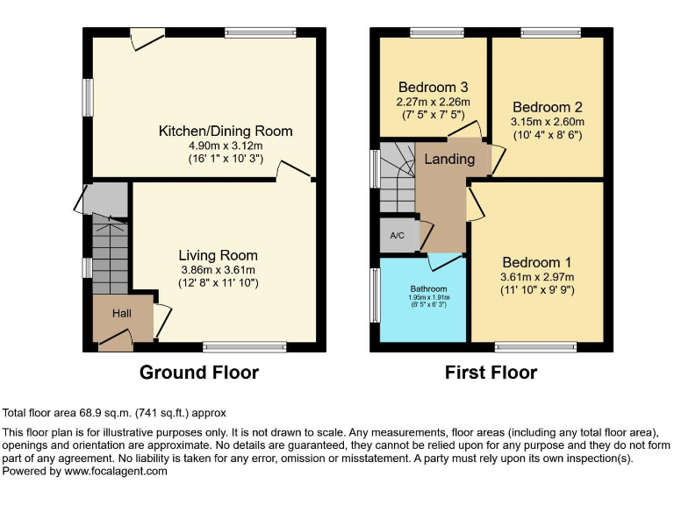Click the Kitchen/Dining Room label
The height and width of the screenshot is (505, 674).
pyautogui.click(x=225, y=132)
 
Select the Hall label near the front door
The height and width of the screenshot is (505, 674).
pyautogui.click(x=121, y=313)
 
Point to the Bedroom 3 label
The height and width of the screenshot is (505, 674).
pyautogui.click(x=433, y=88)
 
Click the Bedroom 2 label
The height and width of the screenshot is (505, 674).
pyautogui.click(x=547, y=107)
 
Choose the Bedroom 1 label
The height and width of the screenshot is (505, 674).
pyautogui.click(x=536, y=262)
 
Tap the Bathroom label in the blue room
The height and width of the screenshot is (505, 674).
pyautogui.click(x=429, y=288)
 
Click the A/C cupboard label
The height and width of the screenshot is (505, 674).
pyautogui.click(x=397, y=236)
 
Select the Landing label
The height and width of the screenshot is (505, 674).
pyautogui.click(x=449, y=160)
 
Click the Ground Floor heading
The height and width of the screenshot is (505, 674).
pyautogui.click(x=199, y=373)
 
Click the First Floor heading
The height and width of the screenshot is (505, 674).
pyautogui.click(x=491, y=373)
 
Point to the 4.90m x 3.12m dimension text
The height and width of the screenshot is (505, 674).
pyautogui.click(x=225, y=146)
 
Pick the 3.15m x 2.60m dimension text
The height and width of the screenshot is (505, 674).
pyautogui.click(x=547, y=122)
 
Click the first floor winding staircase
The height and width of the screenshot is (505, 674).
pyautogui.click(x=397, y=176)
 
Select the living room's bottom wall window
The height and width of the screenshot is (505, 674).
pyautogui.click(x=232, y=347)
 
